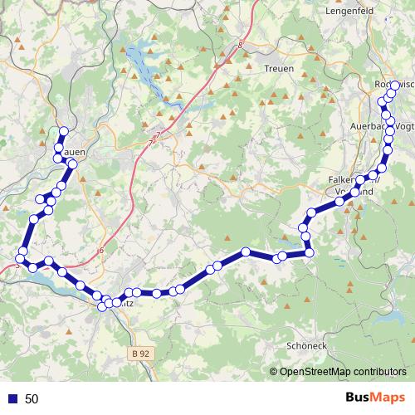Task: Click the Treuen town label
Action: tap(278, 69)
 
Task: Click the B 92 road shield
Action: tap(141, 354)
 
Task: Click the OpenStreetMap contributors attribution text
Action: tap(343, 373)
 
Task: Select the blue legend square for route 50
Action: tap(12, 398)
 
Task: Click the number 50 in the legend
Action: tap(32, 398)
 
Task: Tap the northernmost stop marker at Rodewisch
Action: tap(395, 85)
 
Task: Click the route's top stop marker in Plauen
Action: tap(64, 130)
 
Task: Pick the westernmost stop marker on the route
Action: tap(20, 257)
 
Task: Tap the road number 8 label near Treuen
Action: tap(240, 46)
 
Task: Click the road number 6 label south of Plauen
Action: tap(100, 251)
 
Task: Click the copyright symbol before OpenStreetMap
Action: tap(273, 373)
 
